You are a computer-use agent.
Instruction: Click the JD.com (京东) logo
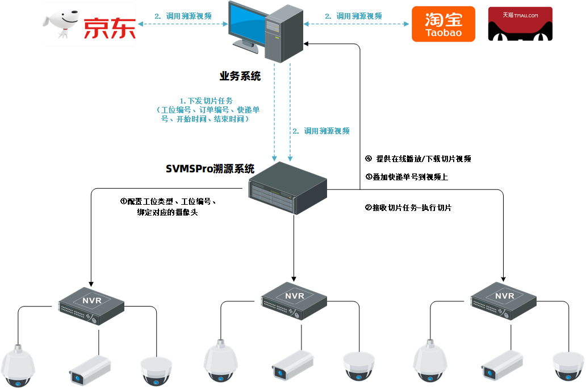90,24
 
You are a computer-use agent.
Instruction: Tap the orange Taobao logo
443,24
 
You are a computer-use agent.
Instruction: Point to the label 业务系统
240,76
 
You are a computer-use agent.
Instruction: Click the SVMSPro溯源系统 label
210,169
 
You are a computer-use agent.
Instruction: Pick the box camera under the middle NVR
292,365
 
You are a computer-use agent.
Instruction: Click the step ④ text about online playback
418,159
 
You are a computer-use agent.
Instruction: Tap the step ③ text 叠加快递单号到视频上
407,177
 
